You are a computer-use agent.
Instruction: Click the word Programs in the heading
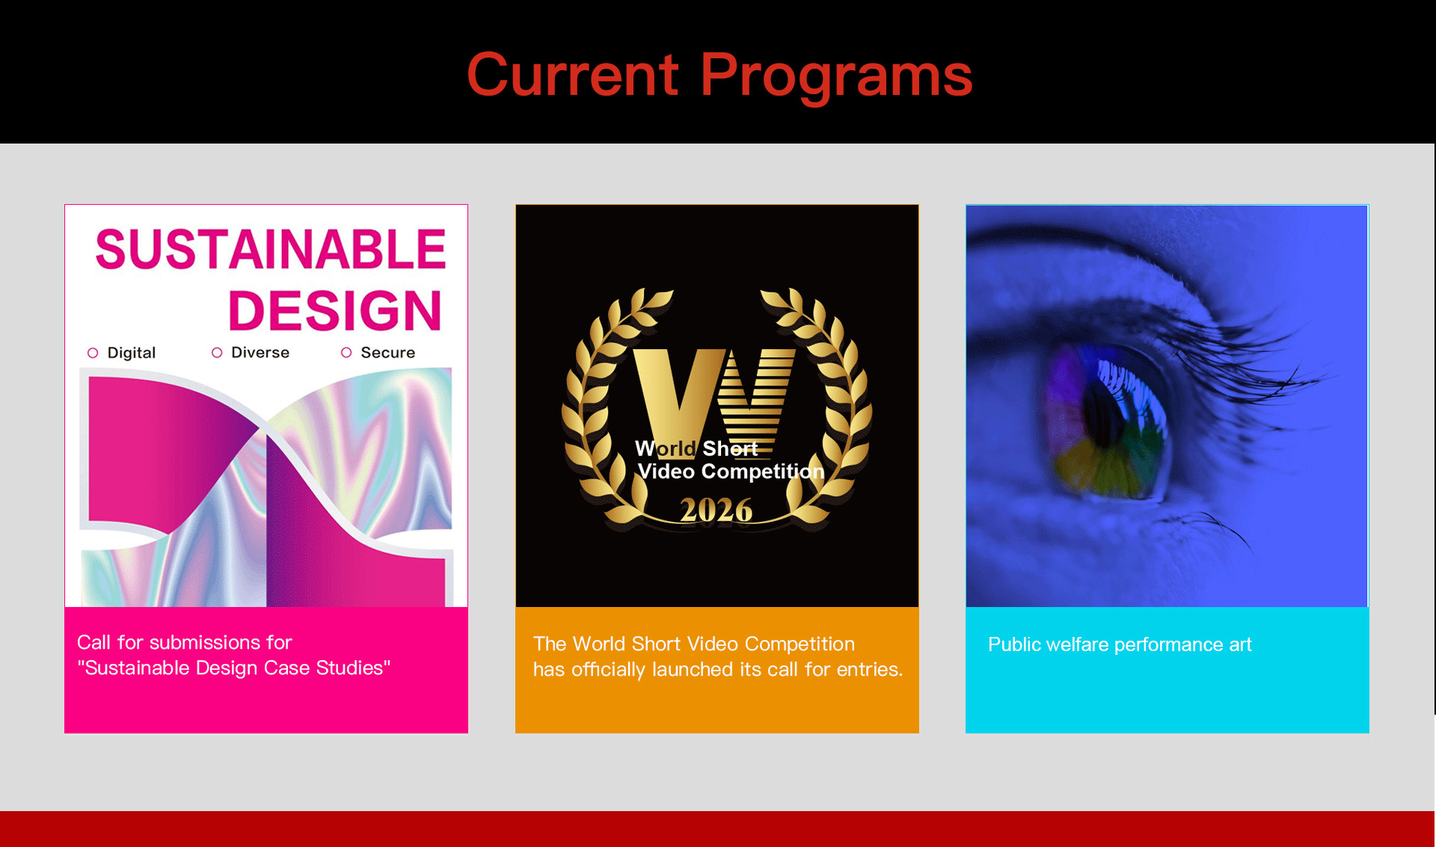[x=836, y=76]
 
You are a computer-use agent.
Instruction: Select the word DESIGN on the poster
[x=334, y=310]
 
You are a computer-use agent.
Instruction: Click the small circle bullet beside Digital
[x=93, y=353]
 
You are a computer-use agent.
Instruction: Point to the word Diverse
[x=260, y=352]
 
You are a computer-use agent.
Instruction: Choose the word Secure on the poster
[x=387, y=352]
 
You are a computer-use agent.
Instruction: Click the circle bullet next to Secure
[x=346, y=352]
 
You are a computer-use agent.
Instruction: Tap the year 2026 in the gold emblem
[x=716, y=511]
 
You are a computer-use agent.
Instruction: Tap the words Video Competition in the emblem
[x=730, y=472]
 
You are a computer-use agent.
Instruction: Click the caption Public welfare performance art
[x=1119, y=644]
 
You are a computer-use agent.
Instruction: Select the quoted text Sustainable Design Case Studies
[x=233, y=668]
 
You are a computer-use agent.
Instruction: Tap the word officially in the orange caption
[x=608, y=669]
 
